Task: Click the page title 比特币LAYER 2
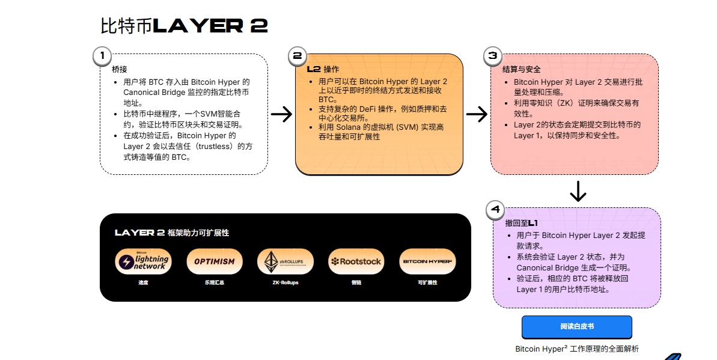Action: click(x=184, y=26)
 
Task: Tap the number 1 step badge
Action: click(x=102, y=56)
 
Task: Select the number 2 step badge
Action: click(x=297, y=56)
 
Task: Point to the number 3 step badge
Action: click(x=493, y=56)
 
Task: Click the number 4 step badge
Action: click(x=495, y=210)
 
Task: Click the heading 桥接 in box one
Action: click(x=120, y=69)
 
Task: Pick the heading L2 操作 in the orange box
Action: click(x=323, y=69)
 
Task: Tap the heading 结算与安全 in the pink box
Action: click(x=517, y=69)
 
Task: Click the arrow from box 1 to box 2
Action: click(x=281, y=114)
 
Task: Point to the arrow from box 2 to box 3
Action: click(x=477, y=114)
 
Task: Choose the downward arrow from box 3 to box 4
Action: click(x=578, y=191)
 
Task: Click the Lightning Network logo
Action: click(x=144, y=261)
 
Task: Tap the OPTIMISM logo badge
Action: click(x=215, y=261)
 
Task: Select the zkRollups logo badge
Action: click(x=285, y=261)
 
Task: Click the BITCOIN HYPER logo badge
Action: click(x=427, y=261)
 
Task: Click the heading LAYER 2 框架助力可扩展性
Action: click(x=172, y=233)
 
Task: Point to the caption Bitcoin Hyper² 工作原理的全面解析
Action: click(x=577, y=349)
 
